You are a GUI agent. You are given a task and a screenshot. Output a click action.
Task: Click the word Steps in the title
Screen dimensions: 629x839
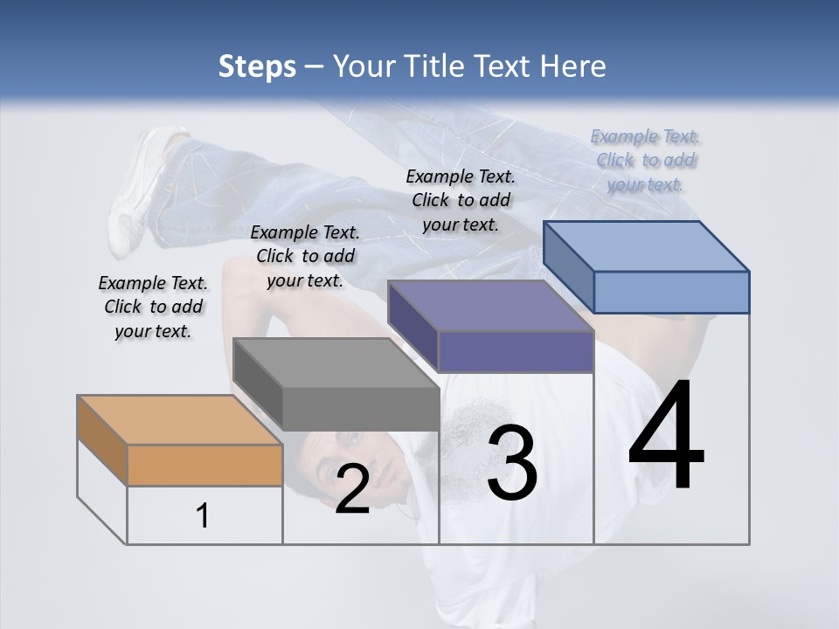coord(256,66)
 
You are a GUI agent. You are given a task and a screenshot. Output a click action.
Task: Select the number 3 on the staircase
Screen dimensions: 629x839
coord(511,462)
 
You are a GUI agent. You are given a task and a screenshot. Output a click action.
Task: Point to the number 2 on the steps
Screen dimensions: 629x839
coord(352,489)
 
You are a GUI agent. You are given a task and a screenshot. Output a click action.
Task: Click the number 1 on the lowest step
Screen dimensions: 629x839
coord(203,516)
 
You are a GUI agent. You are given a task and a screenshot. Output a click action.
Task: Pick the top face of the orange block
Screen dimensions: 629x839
coord(179,420)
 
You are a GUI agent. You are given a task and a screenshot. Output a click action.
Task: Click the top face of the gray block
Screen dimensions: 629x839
coord(336,363)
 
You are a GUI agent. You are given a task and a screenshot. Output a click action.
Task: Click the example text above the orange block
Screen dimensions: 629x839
coord(153,307)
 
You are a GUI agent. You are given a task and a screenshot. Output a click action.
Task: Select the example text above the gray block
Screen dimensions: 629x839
coord(305,256)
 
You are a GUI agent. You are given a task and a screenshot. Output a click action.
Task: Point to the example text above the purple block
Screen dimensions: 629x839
coord(461,200)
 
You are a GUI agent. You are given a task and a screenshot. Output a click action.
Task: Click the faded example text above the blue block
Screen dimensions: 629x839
coord(645,160)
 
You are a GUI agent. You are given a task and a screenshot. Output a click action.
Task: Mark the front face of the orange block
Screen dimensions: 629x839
coord(205,465)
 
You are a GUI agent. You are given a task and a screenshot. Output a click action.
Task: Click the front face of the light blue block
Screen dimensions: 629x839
coord(671,292)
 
